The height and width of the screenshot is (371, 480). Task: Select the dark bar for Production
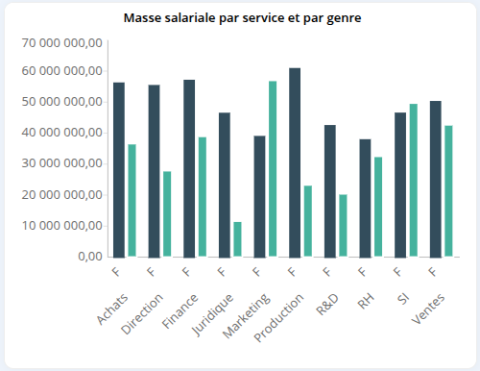point(295,162)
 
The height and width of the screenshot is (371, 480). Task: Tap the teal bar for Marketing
point(273,169)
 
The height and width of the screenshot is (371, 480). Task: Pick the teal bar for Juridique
point(237,239)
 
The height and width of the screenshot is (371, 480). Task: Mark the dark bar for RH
point(365,198)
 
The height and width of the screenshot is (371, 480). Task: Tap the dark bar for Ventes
point(435,179)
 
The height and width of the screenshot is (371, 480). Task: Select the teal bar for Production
point(307,221)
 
